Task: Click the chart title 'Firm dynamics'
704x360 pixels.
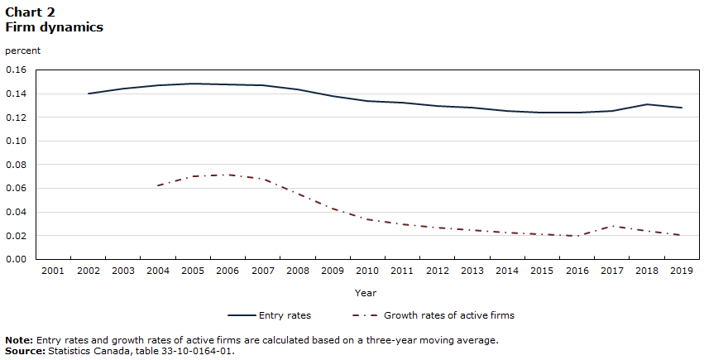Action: tap(54, 27)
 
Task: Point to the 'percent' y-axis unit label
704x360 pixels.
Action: tap(22, 50)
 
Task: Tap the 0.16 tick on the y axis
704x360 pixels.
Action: tap(17, 70)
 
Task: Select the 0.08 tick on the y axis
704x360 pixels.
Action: tap(17, 165)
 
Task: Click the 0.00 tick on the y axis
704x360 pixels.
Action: tap(17, 259)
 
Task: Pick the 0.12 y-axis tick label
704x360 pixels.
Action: tap(17, 118)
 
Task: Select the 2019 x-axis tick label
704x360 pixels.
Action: tap(681, 271)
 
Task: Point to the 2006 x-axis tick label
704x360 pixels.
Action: tap(227, 271)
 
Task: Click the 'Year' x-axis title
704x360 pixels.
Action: tap(366, 292)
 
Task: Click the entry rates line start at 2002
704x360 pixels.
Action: tap(88, 94)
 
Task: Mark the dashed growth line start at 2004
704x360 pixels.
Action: tap(157, 185)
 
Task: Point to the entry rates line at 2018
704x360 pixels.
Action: tap(646, 104)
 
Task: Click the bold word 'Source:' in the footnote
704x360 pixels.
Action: tap(25, 350)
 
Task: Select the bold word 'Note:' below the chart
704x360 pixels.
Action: tap(19, 340)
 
